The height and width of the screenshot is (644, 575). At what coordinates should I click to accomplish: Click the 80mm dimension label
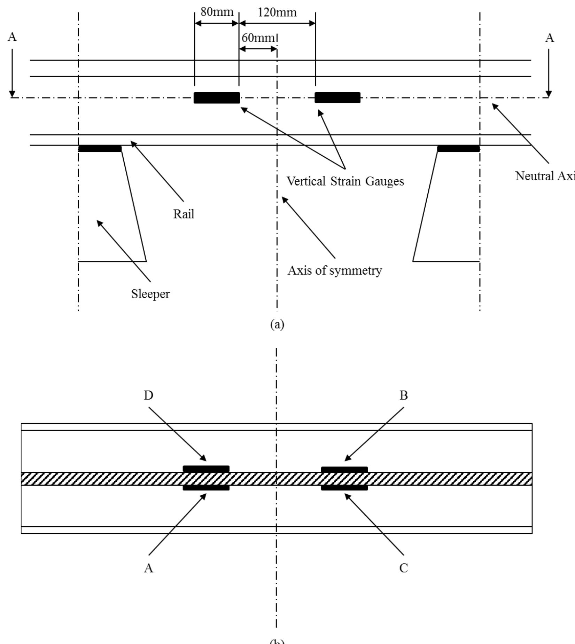(217, 12)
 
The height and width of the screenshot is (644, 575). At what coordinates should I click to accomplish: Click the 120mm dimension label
(277, 13)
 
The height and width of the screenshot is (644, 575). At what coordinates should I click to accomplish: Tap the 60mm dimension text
(258, 38)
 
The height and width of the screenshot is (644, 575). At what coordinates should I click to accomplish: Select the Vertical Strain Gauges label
(345, 181)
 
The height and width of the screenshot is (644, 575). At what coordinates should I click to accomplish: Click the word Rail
(184, 214)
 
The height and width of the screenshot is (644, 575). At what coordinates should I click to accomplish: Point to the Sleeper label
(150, 294)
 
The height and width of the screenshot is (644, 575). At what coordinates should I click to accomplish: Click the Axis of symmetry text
(335, 271)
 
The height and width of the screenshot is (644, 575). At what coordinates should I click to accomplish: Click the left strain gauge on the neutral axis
(217, 98)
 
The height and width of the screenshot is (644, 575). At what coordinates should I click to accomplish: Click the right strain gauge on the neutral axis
(337, 98)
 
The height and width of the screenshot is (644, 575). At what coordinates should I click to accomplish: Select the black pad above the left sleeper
(100, 149)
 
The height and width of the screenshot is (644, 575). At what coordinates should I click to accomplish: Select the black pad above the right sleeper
(458, 149)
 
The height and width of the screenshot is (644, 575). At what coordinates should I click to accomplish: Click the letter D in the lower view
(148, 395)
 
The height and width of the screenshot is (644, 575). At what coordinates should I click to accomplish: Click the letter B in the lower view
(404, 395)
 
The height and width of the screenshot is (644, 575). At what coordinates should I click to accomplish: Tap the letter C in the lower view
(404, 568)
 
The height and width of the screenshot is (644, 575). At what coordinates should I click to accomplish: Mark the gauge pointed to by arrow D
(206, 469)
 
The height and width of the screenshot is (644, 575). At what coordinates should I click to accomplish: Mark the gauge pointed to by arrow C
(344, 488)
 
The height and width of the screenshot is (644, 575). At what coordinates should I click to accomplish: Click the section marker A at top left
(12, 37)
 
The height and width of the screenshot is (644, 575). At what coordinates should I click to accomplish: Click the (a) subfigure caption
(277, 324)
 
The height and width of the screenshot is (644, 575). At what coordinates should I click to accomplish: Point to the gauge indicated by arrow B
(344, 470)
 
